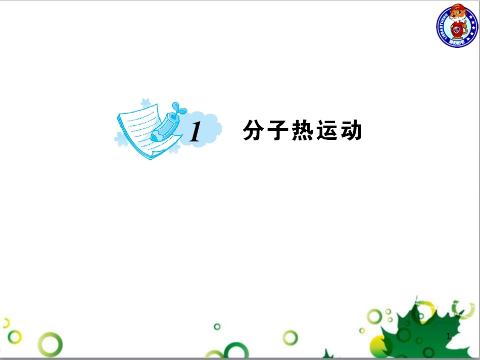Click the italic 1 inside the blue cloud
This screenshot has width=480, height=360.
tap(195, 132)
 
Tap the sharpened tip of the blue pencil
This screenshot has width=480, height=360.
tap(154, 137)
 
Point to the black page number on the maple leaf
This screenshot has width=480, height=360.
tap(448, 336)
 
